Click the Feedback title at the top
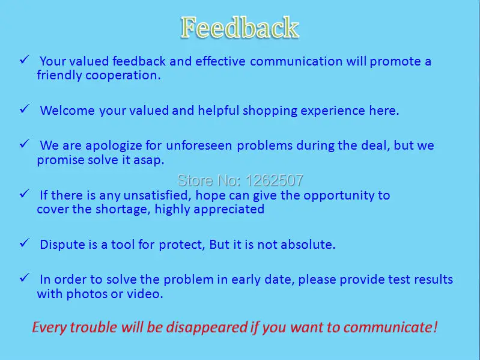point(240,28)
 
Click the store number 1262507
point(240,180)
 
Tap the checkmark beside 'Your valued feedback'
point(25,59)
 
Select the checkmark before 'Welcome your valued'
point(25,109)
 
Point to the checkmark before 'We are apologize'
point(25,144)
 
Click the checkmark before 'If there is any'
point(25,194)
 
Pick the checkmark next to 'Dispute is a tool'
point(25,243)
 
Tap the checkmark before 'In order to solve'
point(25,278)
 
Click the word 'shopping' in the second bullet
point(268,111)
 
